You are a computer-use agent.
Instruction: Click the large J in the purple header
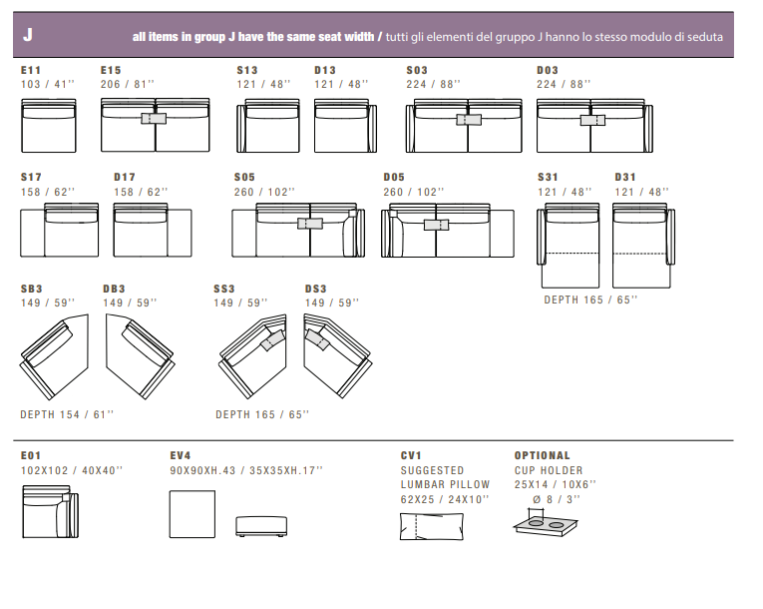click(x=28, y=35)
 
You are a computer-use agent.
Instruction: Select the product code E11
click(x=31, y=71)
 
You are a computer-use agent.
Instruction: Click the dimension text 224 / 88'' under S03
click(x=434, y=84)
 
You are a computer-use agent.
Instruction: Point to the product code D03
click(x=548, y=71)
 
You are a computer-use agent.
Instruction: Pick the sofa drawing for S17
click(x=60, y=231)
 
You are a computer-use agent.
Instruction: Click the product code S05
click(x=245, y=178)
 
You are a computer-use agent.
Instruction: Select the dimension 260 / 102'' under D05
click(x=414, y=191)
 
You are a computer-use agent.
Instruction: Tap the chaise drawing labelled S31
click(x=568, y=245)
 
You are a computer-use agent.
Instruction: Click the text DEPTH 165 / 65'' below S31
click(x=590, y=299)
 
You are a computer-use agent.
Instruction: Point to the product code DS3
click(x=316, y=290)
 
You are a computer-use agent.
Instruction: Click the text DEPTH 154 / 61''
click(x=67, y=414)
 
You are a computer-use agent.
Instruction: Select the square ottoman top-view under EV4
click(x=193, y=512)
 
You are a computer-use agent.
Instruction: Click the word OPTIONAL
click(x=543, y=455)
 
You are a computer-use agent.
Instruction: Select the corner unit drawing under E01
click(x=49, y=511)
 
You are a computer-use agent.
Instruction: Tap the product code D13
click(x=325, y=71)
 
